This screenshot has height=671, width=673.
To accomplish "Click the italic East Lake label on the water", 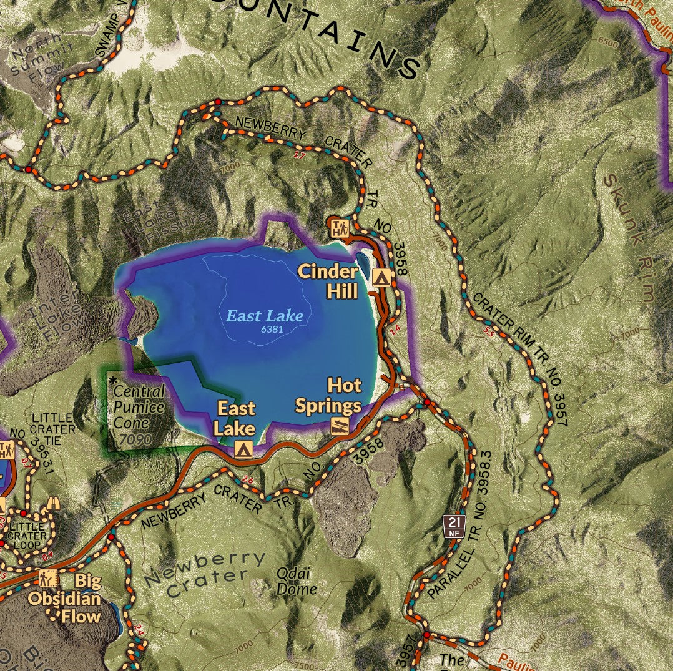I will (x=265, y=316).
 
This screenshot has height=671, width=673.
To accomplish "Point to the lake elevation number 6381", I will (x=273, y=326).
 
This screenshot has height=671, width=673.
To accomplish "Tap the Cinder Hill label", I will (x=328, y=281).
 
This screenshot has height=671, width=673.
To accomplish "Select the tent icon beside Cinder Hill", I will (x=381, y=278).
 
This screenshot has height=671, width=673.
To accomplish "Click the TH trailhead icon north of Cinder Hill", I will (x=338, y=228).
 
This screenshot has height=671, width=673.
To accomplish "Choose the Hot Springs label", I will (x=328, y=396).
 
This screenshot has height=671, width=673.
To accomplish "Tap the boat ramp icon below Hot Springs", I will (x=340, y=426).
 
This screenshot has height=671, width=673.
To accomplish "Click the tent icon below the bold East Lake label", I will (x=243, y=448).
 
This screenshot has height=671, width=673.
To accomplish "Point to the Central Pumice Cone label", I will (x=139, y=406).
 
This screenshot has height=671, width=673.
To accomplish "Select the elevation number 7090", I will (x=135, y=439).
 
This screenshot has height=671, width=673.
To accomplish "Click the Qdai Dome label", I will (x=296, y=581).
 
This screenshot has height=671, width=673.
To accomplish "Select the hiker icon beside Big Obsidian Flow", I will (x=48, y=579).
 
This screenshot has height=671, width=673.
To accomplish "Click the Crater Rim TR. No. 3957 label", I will (x=521, y=358).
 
